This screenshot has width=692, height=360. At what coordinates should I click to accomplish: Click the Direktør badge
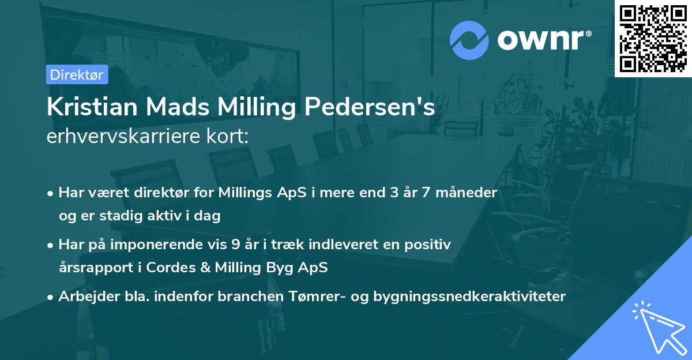77,74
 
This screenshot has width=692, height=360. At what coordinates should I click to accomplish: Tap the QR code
653,38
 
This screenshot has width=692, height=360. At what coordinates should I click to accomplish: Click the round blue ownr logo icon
469,40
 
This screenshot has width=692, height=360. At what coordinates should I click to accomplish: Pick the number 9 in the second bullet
236,245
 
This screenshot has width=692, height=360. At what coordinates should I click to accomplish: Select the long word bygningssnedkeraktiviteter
469,297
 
